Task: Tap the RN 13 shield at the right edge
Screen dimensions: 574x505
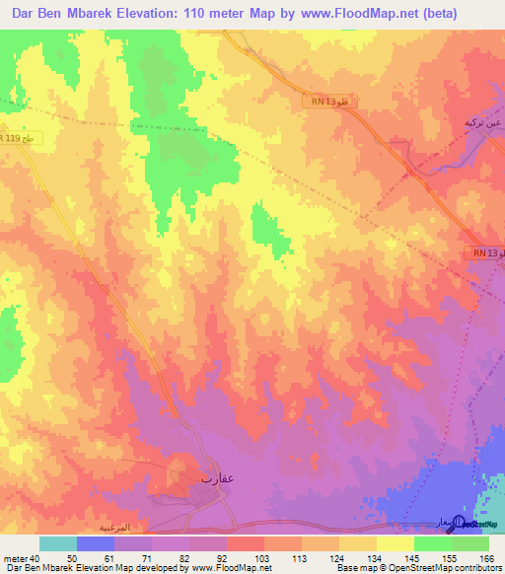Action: tap(485, 253)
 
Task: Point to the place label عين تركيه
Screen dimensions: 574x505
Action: tap(483, 124)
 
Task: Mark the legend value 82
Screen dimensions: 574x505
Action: tap(170, 558)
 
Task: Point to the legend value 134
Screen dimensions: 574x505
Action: tap(359, 558)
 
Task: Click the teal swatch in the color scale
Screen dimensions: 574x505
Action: tap(57, 543)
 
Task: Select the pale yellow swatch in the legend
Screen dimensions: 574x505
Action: tap(396, 543)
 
